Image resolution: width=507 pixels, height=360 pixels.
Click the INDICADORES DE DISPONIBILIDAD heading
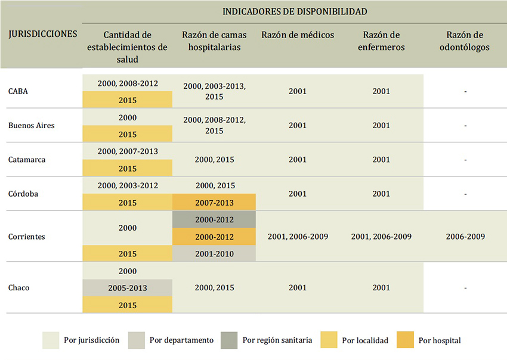(295, 11)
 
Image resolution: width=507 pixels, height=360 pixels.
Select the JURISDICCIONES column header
(43, 34)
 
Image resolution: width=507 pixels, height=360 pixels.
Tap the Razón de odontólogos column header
(465, 41)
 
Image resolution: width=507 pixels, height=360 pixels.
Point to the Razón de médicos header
(298, 35)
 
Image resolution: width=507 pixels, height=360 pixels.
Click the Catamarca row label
(27, 160)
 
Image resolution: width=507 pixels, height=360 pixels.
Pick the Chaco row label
(19, 288)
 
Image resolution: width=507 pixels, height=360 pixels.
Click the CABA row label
(18, 91)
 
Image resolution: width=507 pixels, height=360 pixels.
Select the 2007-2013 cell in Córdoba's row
(214, 203)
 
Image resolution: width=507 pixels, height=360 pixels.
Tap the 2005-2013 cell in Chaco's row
(128, 288)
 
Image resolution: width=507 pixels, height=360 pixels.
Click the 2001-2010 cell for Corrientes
(214, 254)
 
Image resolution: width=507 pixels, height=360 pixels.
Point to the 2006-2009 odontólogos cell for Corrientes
(465, 237)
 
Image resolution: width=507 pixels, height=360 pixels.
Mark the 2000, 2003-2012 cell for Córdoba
(128, 185)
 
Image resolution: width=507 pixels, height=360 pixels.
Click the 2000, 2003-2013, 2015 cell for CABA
(214, 91)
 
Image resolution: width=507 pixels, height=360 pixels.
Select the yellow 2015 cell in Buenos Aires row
(128, 134)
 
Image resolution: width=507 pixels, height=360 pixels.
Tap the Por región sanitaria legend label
(277, 340)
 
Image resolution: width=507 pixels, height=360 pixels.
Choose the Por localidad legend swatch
(329, 340)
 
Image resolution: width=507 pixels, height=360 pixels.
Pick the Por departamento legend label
(181, 340)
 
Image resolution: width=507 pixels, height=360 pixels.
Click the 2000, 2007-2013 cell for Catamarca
(128, 151)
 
